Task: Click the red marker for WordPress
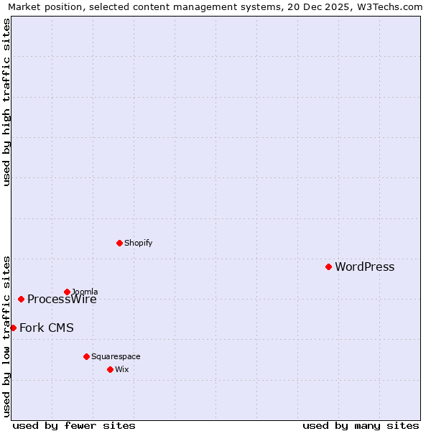[x=328, y=267]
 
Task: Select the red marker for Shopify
[x=119, y=243]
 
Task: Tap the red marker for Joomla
[x=67, y=292]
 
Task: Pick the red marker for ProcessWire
[x=21, y=299]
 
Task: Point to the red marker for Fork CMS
[x=13, y=328]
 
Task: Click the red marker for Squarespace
[x=86, y=356]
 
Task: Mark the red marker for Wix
[x=110, y=369]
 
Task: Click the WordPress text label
[x=364, y=267]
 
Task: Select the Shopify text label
[x=138, y=243]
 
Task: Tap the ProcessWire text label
[x=62, y=300]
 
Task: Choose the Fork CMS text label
[x=46, y=328]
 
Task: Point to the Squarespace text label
[x=116, y=356]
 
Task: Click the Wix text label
[x=121, y=369]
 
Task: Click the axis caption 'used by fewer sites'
[x=74, y=425]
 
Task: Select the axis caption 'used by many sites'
[x=361, y=425]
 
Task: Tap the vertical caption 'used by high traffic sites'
[x=7, y=102]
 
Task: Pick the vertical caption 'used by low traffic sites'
[x=7, y=335]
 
